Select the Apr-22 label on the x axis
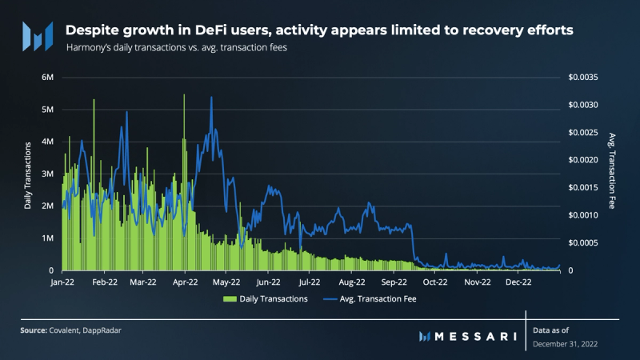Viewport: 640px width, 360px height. tap(186, 282)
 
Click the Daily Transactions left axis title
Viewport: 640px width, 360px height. tap(28, 174)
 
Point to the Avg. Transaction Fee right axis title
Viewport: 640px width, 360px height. tap(612, 171)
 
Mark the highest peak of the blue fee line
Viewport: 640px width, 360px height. tap(211, 97)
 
